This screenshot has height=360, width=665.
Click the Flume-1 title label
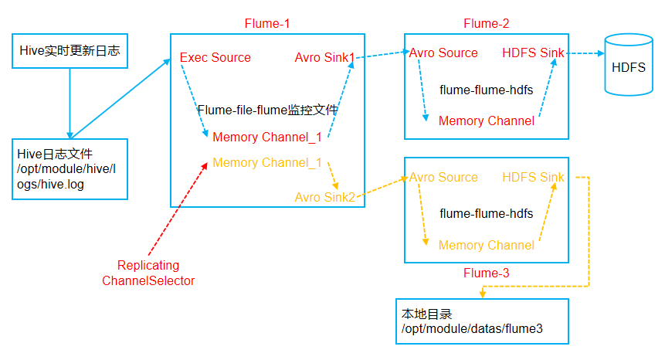[x=266, y=23]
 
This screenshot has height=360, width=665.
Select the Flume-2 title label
[x=486, y=23]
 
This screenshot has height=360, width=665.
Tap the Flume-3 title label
[x=486, y=273]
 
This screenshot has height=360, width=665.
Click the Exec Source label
[x=215, y=58]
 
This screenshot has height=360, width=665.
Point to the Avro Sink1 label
[x=324, y=58]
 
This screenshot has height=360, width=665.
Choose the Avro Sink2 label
[x=324, y=198]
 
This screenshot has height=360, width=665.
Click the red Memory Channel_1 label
[x=266, y=138]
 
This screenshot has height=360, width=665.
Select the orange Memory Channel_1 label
[x=266, y=163]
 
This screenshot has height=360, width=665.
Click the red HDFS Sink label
[x=533, y=53]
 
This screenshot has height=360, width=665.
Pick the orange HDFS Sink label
[x=533, y=178]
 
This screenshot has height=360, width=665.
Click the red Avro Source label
[x=443, y=53]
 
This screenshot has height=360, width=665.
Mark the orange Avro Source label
[x=443, y=178]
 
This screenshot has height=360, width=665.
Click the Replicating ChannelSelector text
[x=148, y=273]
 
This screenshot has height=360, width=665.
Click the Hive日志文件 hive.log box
[x=70, y=169]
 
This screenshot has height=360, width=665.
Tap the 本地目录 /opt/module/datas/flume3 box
[x=481, y=321]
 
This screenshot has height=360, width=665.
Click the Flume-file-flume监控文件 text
[x=267, y=110]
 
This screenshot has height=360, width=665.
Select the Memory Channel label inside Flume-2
[x=486, y=121]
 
